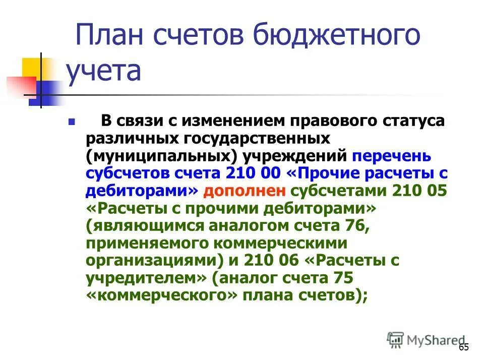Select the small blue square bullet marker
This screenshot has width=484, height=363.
[71, 122]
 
